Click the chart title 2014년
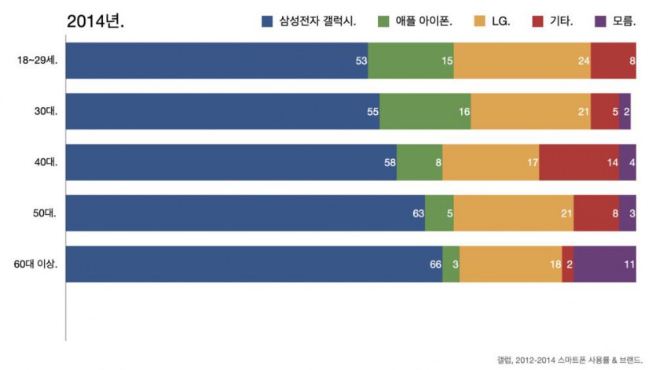[x=96, y=21]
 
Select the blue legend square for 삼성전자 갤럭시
[x=267, y=21]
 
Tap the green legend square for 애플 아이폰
[x=383, y=21]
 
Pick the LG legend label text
[x=500, y=21]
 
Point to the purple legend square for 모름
[x=602, y=21]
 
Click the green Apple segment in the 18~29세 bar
[x=410, y=61]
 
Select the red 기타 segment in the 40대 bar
[x=578, y=162]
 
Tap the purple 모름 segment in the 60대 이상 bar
[x=604, y=265]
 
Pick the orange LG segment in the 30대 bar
[x=530, y=111]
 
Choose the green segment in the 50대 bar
[x=439, y=213]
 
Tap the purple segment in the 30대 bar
[x=625, y=111]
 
